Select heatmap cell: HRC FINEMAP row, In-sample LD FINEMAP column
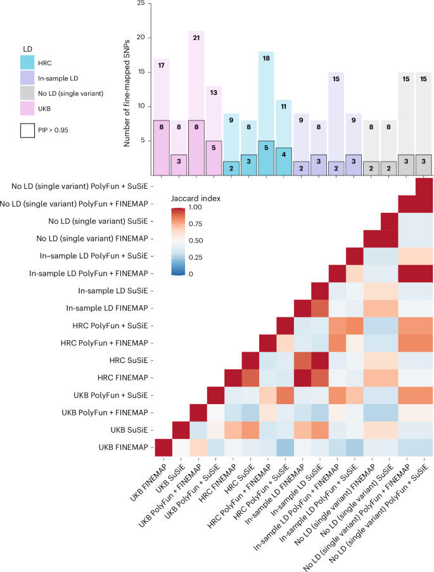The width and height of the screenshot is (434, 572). click(x=300, y=378)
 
